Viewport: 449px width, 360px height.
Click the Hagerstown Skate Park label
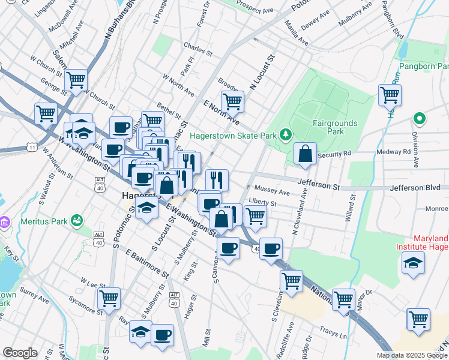click(234, 136)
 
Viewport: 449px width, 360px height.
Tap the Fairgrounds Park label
click(335, 127)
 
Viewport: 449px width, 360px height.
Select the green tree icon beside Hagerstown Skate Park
click(286, 134)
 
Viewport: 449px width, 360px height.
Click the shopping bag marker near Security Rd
click(306, 154)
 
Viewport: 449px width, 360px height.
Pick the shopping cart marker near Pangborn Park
click(390, 94)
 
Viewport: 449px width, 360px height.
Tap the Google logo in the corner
click(20, 353)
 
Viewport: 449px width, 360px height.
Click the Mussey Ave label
click(272, 192)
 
